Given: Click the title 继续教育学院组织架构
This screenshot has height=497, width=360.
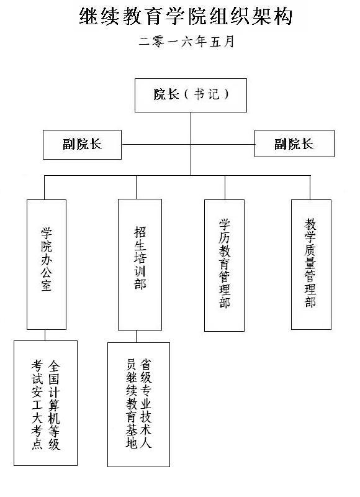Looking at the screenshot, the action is pyautogui.click(x=185, y=17).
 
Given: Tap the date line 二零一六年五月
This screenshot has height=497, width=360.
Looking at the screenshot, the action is pyautogui.click(x=186, y=42).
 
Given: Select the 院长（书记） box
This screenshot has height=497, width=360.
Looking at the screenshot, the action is pyautogui.click(x=191, y=95).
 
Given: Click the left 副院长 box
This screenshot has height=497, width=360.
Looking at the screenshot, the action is pyautogui.click(x=82, y=145).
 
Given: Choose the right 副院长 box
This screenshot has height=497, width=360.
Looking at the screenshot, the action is pyautogui.click(x=294, y=144).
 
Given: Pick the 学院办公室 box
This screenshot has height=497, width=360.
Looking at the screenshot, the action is pyautogui.click(x=47, y=265).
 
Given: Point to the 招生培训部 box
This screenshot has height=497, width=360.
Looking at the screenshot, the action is pyautogui.click(x=140, y=265).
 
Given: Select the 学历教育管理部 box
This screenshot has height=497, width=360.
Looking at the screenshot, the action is pyautogui.click(x=224, y=266).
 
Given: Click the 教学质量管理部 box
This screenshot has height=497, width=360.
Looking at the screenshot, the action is pyautogui.click(x=311, y=265).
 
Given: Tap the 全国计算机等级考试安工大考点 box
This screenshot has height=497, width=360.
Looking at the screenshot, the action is pyautogui.click(x=45, y=403).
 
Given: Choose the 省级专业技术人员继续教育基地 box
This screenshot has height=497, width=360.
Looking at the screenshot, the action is pyautogui.click(x=138, y=405).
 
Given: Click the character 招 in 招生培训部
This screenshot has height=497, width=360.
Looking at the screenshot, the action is pyautogui.click(x=140, y=232).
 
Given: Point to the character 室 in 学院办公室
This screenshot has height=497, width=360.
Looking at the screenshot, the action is pyautogui.click(x=47, y=285).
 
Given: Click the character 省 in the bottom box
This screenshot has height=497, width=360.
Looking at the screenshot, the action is pyautogui.click(x=146, y=365).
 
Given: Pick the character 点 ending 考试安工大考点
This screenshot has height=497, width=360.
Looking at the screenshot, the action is pyautogui.click(x=37, y=443).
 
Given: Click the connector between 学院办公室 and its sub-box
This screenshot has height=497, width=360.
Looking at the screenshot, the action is pyautogui.click(x=45, y=335).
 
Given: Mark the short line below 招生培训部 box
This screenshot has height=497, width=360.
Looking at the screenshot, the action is pyautogui.click(x=137, y=337).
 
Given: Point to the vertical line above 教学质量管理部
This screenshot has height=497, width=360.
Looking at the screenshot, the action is pyautogui.click(x=310, y=188).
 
